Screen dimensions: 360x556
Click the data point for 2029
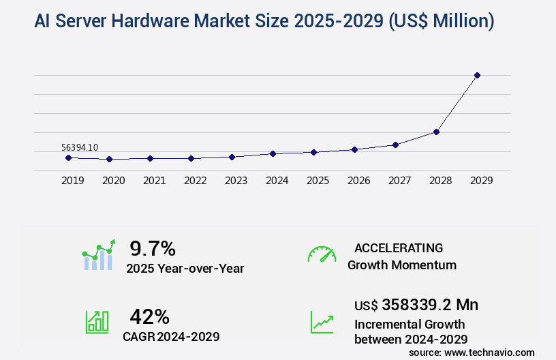click(x=477, y=75)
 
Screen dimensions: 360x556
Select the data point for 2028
click(x=436, y=132)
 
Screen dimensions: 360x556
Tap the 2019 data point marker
click(x=68, y=157)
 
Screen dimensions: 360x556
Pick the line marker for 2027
click(x=395, y=145)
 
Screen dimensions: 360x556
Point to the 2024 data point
click(x=273, y=153)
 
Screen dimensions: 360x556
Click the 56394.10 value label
click(x=80, y=147)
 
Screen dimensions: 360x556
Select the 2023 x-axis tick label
click(x=236, y=181)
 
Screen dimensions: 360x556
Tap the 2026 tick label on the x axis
click(x=358, y=181)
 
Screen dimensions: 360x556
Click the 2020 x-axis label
click(x=113, y=181)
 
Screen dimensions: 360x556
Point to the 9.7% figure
click(x=153, y=248)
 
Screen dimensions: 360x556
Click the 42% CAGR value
click(x=149, y=316)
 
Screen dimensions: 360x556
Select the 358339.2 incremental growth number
click(x=430, y=305)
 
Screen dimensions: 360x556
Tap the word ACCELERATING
click(x=399, y=248)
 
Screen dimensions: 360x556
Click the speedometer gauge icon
click(x=322, y=254)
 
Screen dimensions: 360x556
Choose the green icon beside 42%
click(x=97, y=322)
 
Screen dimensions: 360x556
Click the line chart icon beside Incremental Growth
click(x=322, y=322)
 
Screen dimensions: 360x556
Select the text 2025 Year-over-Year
click(x=185, y=269)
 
